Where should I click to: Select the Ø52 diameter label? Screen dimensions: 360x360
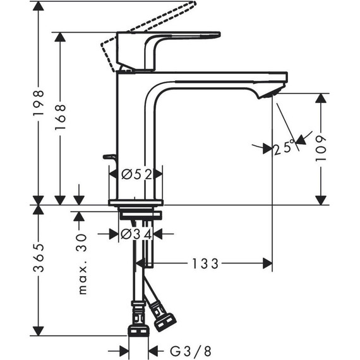tap(136, 174)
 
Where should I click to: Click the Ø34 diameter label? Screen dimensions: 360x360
tap(135, 234)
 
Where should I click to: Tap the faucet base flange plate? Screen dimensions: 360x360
tap(135, 203)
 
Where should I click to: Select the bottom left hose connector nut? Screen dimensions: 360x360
tap(138, 330)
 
